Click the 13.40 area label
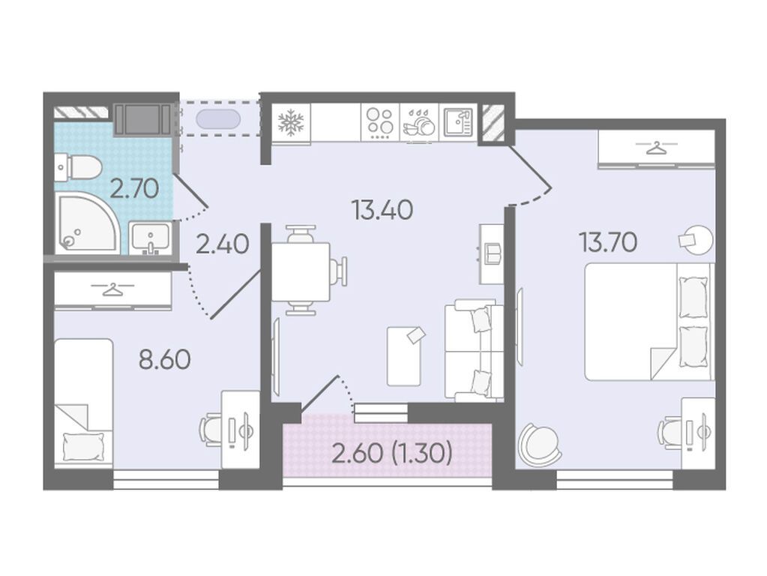[382, 210]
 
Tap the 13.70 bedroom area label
[608, 241]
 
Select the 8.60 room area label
[165, 360]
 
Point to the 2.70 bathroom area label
[134, 188]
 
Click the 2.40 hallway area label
[223, 244]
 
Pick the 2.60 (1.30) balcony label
[392, 453]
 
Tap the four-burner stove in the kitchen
[380, 122]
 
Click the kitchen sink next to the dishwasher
[458, 122]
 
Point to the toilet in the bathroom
[78, 167]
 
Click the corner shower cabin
[87, 223]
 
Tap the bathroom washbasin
[150, 238]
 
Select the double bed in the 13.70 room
[647, 322]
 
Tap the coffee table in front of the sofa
[404, 355]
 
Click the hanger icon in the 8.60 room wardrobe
[113, 289]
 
